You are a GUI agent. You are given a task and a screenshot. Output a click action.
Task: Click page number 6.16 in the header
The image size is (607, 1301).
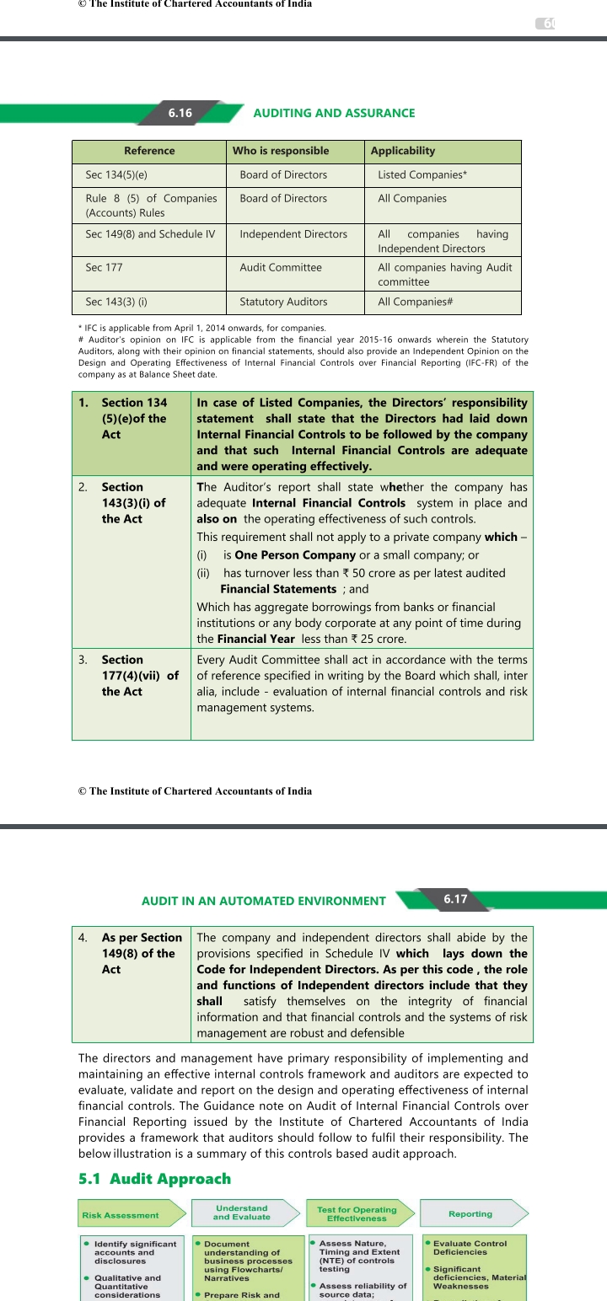pyautogui.click(x=180, y=113)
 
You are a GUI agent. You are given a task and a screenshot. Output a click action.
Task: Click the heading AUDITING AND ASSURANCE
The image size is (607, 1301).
pyautogui.click(x=334, y=113)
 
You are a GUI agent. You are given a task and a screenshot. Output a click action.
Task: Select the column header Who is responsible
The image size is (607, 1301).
pyautogui.click(x=281, y=151)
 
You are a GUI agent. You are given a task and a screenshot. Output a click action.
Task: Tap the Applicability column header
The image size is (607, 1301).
pyautogui.click(x=403, y=151)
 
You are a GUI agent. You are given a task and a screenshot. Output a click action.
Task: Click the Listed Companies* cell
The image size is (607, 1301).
pyautogui.click(x=422, y=174)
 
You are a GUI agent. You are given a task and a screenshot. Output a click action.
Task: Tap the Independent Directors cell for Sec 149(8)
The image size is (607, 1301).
pyautogui.click(x=293, y=233)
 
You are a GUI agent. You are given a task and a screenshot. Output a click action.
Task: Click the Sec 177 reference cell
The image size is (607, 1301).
pyautogui.click(x=105, y=267)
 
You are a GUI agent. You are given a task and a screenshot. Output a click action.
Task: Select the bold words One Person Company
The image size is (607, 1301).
pyautogui.click(x=295, y=555)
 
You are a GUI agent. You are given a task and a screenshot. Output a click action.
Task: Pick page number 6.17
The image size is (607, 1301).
pyautogui.click(x=455, y=898)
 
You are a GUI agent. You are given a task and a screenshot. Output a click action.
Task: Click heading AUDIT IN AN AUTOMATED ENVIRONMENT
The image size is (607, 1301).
pyautogui.click(x=264, y=901)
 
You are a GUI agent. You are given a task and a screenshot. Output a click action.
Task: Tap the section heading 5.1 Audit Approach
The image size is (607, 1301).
pyautogui.click(x=154, y=1178)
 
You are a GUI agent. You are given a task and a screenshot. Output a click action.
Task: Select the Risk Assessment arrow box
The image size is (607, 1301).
pyautogui.click(x=126, y=1214)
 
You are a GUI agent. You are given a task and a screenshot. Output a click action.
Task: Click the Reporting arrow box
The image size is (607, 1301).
pyautogui.click(x=470, y=1213)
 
